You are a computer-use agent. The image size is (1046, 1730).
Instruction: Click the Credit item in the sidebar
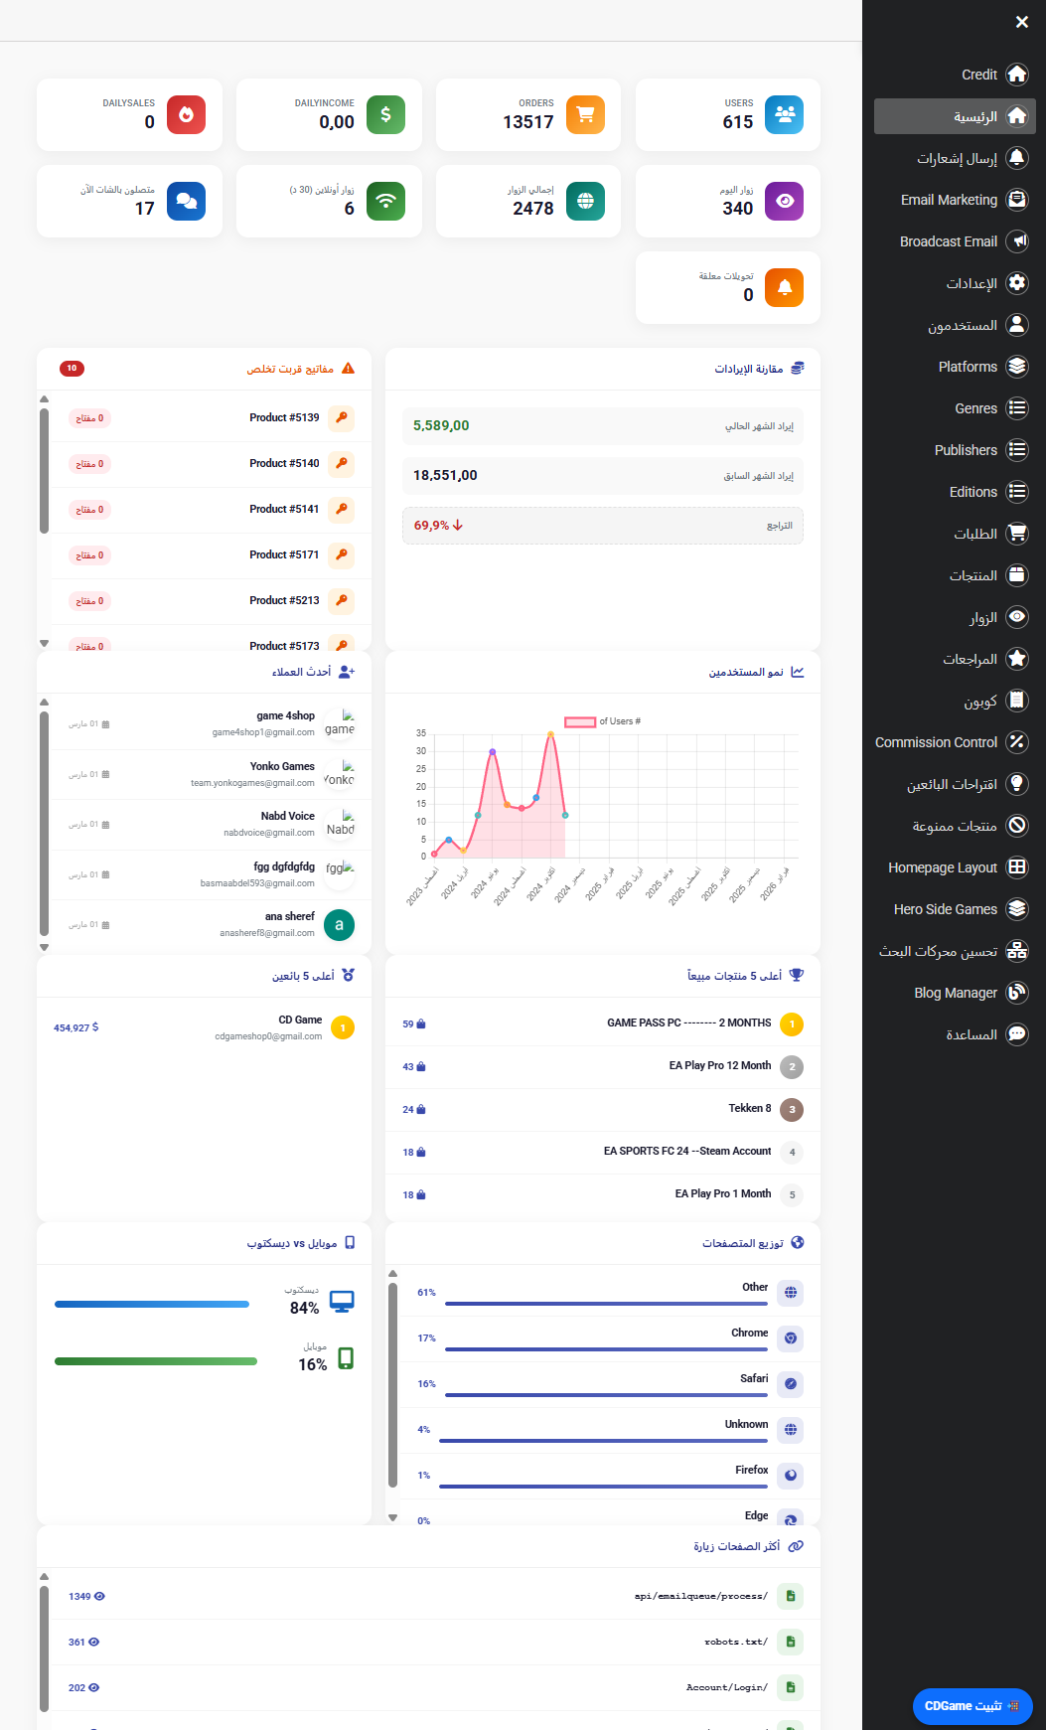[x=979, y=75]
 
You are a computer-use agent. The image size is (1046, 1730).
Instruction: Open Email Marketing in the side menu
[x=949, y=200]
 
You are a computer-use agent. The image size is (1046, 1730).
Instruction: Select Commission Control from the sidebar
[x=936, y=742]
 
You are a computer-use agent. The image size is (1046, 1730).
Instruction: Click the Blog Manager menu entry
[x=955, y=993]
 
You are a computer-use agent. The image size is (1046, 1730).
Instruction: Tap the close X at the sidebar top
[x=1022, y=22]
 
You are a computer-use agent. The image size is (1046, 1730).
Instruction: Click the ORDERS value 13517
[x=527, y=122]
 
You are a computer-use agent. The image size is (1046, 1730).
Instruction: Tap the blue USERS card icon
[x=785, y=114]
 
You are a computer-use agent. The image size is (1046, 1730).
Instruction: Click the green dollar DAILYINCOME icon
[x=385, y=114]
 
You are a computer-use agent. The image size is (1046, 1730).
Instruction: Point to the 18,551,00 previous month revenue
[x=445, y=476]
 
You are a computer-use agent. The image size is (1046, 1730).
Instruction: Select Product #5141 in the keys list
[x=284, y=510]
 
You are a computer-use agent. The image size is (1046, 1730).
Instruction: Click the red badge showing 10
[x=72, y=369]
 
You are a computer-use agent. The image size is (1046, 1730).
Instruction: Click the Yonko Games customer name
[x=282, y=766]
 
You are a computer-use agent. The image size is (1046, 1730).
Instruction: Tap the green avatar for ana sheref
[x=339, y=925]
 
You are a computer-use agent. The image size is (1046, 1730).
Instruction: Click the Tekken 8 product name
[x=749, y=1108]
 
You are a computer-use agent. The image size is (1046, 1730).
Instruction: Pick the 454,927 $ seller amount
[x=75, y=1027]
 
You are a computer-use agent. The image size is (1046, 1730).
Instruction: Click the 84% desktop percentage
[x=304, y=1308]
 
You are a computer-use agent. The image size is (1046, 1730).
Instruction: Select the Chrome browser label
[x=749, y=1333]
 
